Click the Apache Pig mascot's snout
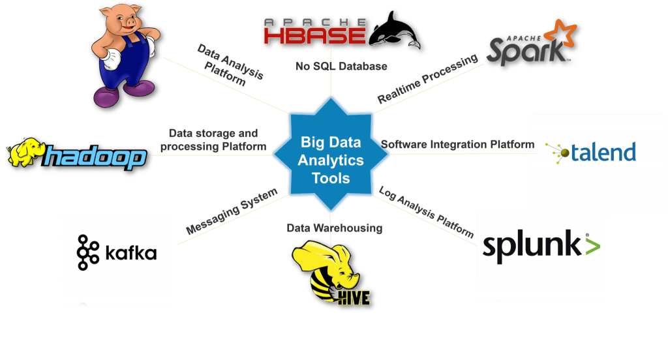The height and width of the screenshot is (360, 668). (x=130, y=22)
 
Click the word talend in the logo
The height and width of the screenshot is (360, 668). (x=603, y=152)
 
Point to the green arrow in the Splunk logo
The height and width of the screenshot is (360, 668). (x=593, y=247)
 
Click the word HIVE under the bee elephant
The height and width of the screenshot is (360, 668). (x=354, y=298)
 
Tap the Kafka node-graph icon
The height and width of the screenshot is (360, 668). (x=88, y=252)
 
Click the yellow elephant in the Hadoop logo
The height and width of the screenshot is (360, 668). (x=26, y=152)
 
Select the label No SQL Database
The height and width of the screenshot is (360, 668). (x=341, y=66)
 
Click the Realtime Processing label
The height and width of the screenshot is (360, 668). (x=427, y=79)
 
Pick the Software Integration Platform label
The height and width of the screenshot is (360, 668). (x=457, y=144)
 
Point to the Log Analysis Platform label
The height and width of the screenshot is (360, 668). (x=426, y=212)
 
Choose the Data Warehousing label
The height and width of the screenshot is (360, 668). (x=335, y=228)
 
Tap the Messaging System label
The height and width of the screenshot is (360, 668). (x=232, y=211)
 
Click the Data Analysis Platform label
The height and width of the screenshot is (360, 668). (x=230, y=65)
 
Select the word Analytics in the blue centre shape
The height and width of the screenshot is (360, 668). (x=331, y=160)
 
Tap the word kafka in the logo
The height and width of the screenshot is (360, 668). (x=130, y=252)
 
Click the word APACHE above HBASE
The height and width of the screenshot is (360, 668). (x=315, y=22)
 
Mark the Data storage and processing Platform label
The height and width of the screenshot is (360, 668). (x=213, y=140)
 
